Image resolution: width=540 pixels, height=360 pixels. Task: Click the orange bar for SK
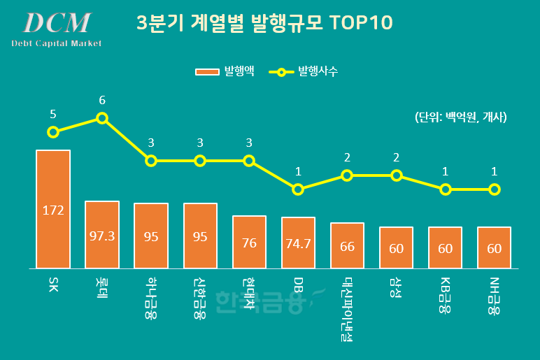pos(53,209)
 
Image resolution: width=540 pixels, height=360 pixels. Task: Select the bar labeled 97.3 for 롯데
pos(102,235)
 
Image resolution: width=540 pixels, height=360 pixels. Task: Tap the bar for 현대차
pos(249,242)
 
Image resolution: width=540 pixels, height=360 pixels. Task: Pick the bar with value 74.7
pos(298,243)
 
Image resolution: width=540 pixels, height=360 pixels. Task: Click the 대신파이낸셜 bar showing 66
pos(347,245)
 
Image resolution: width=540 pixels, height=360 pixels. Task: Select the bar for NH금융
pos(494,247)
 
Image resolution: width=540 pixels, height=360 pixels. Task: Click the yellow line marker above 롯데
pos(102,118)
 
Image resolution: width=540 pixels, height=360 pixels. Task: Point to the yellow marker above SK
pos(53,132)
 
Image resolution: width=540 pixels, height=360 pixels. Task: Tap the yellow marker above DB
pos(298,189)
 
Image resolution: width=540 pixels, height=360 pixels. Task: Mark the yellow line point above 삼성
pos(396,175)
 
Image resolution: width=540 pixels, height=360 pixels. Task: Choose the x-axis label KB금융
pos(445,295)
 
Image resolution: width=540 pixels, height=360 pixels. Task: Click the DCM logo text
pos(57,23)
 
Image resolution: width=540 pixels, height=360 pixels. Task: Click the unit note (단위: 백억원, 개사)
pos(460,117)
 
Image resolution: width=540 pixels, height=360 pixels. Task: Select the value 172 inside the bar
pos(53,210)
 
